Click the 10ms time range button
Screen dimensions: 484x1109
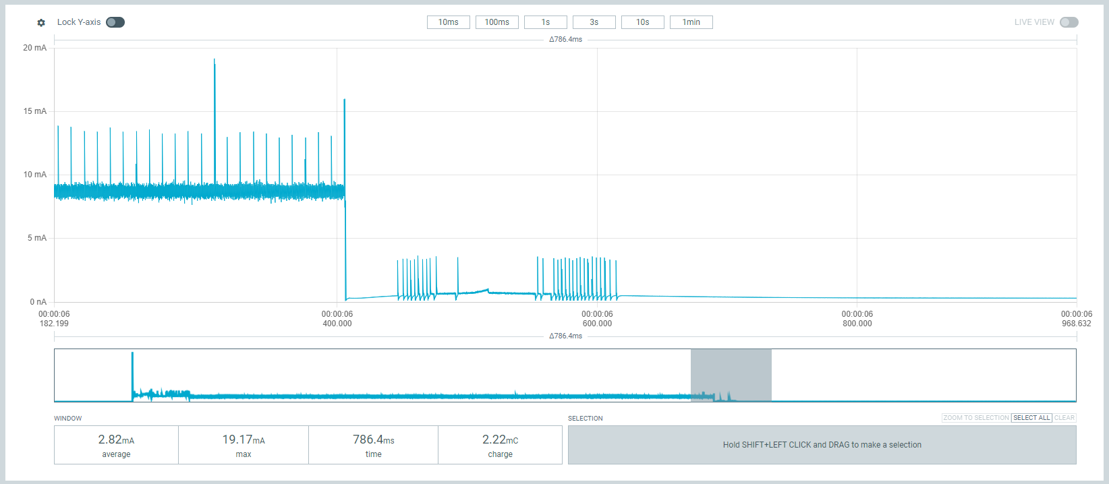tap(448, 22)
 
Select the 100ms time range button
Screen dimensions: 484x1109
tap(496, 22)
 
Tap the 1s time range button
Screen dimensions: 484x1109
tap(545, 22)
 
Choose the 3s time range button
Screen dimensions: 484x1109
tap(594, 22)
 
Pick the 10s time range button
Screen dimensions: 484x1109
tap(642, 22)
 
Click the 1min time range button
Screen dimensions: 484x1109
tap(691, 22)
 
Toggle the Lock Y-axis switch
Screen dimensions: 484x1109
tap(115, 22)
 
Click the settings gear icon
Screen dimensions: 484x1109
tap(41, 23)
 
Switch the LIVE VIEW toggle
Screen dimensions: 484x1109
tap(1069, 22)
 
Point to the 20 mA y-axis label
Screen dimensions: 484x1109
tap(35, 48)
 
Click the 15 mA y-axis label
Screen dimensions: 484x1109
tap(35, 111)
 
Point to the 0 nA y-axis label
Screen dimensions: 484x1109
tap(38, 302)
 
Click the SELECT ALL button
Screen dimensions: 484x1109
tap(1031, 418)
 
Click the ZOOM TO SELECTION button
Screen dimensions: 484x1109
tap(976, 418)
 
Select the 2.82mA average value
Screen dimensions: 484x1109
tap(116, 440)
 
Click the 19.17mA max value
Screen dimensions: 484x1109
tap(244, 440)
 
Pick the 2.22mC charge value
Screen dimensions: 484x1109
tap(500, 440)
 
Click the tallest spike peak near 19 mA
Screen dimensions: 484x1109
tap(215, 60)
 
